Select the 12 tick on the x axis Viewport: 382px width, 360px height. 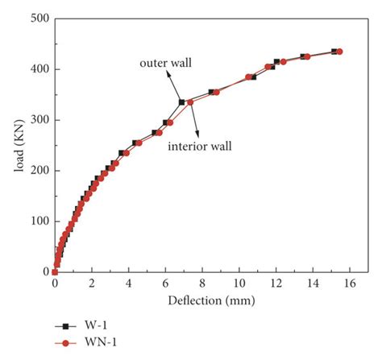click(276, 284)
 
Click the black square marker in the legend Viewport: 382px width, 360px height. click(62, 326)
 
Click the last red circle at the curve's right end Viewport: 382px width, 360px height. click(339, 52)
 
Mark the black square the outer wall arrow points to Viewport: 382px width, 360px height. click(182, 102)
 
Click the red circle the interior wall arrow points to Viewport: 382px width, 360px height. click(190, 102)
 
